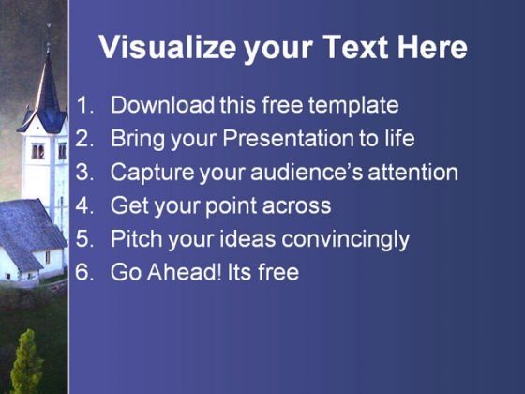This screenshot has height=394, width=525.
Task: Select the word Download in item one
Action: point(163,104)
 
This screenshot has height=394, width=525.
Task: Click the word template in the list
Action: point(353,105)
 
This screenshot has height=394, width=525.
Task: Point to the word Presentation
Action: point(289,138)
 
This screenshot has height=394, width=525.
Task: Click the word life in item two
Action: point(399,138)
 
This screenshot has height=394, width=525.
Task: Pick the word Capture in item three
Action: point(152,173)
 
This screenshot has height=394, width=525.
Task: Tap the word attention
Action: point(412,172)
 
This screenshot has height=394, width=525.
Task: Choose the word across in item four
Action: point(296,206)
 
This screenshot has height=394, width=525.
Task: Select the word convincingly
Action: point(346,239)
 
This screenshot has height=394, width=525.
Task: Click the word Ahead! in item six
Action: point(185,272)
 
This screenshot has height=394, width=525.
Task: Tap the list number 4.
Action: point(84,205)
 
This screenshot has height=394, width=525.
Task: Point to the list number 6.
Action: point(84,272)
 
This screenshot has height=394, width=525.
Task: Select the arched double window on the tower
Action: point(37,151)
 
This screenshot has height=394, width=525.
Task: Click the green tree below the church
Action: point(26,362)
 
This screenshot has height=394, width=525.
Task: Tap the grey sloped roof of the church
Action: point(28,231)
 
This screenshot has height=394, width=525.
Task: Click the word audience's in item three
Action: point(307,172)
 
